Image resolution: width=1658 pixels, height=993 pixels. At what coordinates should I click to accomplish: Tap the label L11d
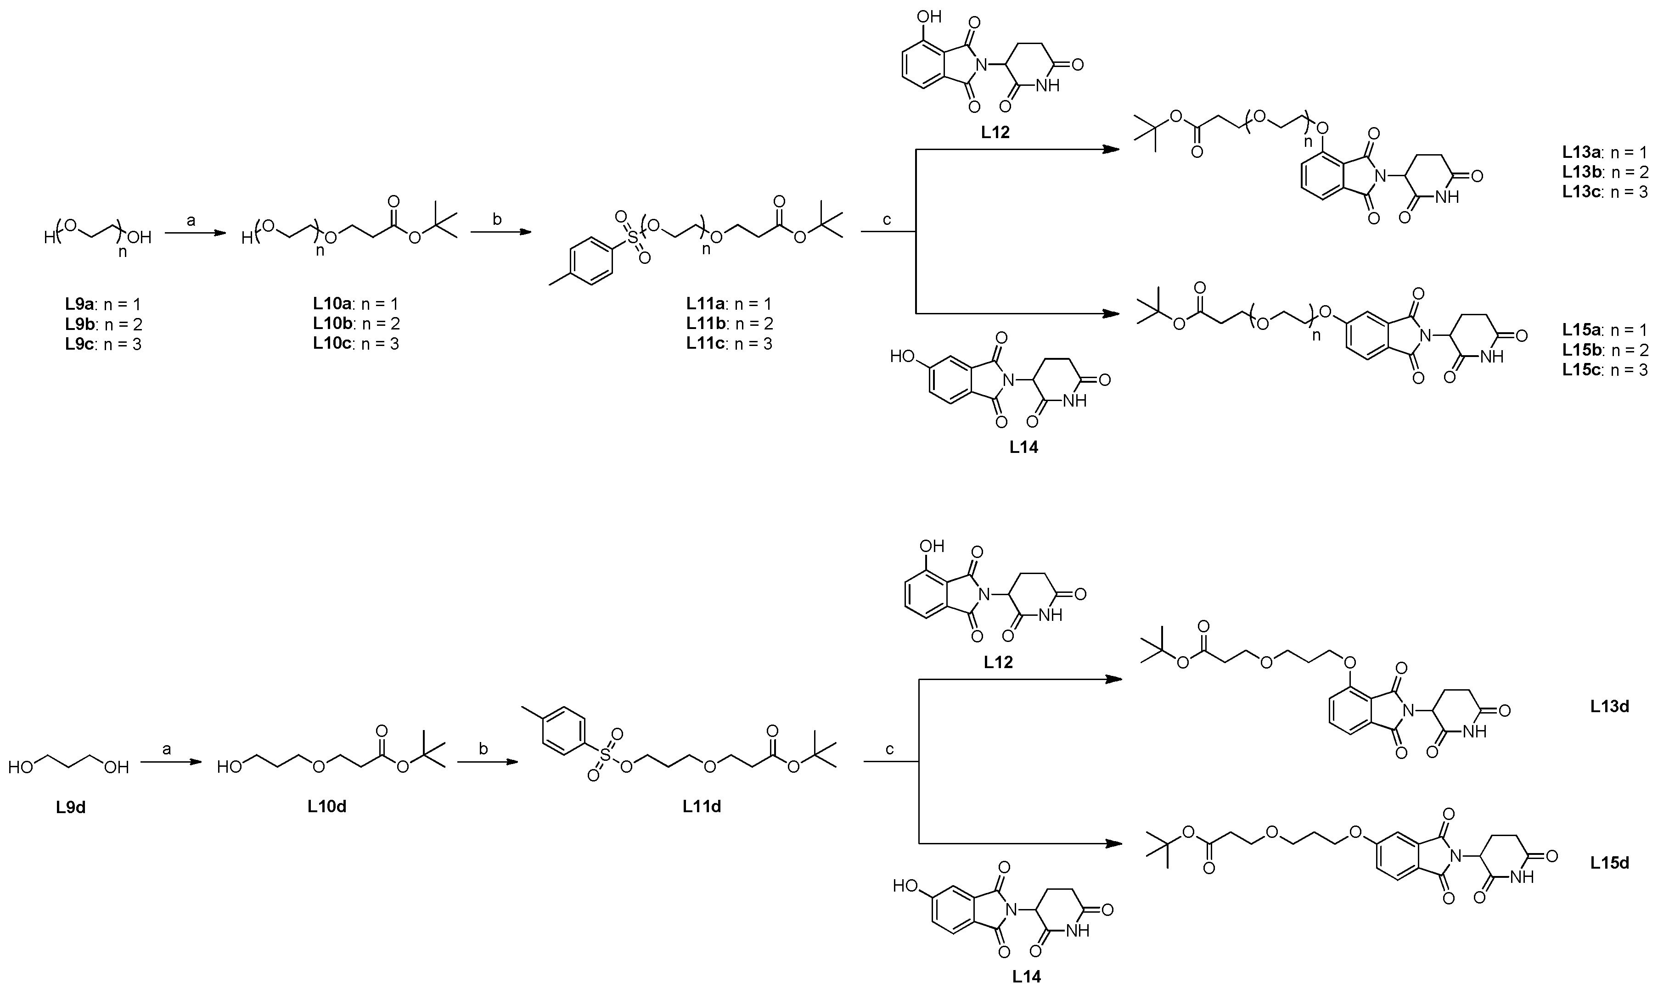(702, 806)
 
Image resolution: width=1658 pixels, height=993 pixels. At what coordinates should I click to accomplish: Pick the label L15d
(1610, 863)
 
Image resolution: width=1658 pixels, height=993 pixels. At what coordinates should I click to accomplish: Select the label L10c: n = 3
(356, 344)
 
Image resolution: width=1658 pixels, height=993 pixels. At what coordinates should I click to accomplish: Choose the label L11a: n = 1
(729, 304)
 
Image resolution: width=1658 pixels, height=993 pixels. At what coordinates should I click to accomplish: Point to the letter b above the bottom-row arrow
(483, 749)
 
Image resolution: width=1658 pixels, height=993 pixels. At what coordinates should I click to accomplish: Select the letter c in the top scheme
(888, 221)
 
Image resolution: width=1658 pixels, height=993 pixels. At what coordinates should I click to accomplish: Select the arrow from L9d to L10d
(171, 761)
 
